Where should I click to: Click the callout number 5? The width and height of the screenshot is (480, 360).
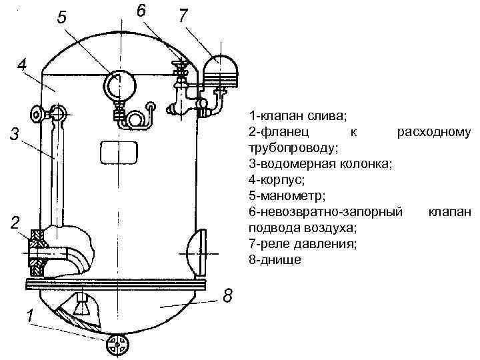coord(61,18)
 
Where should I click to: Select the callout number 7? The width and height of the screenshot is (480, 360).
coord(182,17)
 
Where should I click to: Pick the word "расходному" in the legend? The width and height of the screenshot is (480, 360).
coord(434,131)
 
